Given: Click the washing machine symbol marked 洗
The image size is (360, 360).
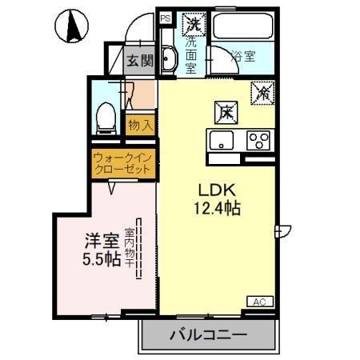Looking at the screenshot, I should [193, 25].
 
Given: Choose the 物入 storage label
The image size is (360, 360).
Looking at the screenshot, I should [138, 125].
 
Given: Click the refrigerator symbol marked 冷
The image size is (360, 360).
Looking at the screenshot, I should [264, 93].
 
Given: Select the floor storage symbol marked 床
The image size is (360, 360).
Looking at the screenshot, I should [227, 112].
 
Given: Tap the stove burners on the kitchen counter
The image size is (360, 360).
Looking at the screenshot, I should [258, 141].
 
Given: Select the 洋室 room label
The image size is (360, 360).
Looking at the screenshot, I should [102, 240].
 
